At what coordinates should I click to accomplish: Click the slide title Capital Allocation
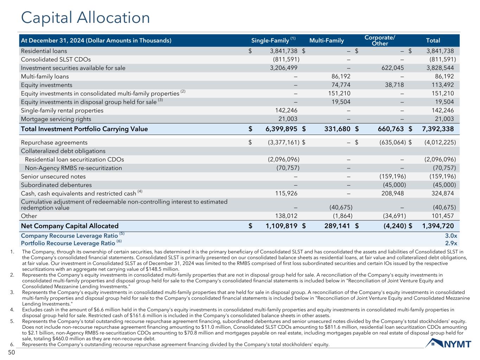[85, 18]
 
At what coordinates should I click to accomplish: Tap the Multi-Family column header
[326, 40]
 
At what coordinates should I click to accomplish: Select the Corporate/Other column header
[380, 40]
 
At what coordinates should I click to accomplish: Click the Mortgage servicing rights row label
[56, 119]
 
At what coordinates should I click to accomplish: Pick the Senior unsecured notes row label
[53, 176]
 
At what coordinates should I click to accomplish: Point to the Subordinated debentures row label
[56, 185]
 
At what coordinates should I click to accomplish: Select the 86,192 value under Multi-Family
[339, 76]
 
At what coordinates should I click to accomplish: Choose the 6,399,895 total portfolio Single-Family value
[281, 129]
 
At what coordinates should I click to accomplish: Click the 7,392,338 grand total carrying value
[437, 129]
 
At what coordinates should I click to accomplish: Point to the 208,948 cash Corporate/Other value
[392, 193]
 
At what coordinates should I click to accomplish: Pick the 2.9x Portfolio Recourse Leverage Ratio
[451, 243]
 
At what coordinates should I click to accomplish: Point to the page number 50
[12, 352]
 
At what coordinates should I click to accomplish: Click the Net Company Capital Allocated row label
[70, 226]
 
